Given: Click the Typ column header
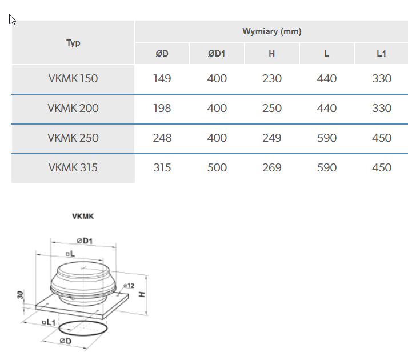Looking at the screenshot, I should pos(73,43).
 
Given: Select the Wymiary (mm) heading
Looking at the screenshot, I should pos(271,31).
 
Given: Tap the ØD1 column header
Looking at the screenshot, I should pos(217,54).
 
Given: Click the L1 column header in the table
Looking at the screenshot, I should pos(381,54).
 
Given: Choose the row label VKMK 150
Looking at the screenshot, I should pos(73,79).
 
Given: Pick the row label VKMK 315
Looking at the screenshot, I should pos(73,168).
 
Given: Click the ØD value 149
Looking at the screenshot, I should pos(162,79).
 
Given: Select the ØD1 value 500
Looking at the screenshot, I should pos(217,168).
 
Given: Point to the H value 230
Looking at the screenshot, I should pos(272,79).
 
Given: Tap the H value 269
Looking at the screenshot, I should pos(272,168).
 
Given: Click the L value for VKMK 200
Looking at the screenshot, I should pos(327,109).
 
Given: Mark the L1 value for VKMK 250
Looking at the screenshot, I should pos(381,138).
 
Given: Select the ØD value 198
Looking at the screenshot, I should pos(162,109).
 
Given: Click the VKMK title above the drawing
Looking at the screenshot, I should pos(82,217).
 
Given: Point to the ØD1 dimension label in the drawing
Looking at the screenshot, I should pos(85,241).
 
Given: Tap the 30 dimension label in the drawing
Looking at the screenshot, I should pos(21,295).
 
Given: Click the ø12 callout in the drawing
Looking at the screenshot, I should pos(129,285).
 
